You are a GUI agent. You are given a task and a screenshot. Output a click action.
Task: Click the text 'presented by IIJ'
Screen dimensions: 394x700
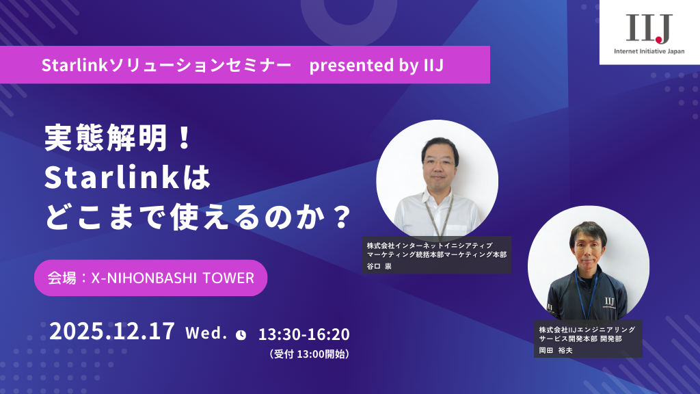tap(377, 65)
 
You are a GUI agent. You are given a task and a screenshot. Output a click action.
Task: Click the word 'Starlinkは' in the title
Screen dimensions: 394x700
tap(126, 179)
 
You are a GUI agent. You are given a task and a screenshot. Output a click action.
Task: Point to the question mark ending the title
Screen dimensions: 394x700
tap(338, 218)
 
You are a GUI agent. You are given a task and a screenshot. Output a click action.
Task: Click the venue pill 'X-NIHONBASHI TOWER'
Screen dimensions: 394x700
tap(150, 278)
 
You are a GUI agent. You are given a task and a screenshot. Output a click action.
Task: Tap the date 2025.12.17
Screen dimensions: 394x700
tap(112, 332)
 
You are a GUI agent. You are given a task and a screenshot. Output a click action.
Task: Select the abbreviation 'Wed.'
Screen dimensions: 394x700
tap(206, 333)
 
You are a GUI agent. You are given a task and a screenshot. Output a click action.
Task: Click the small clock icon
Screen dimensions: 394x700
tap(241, 334)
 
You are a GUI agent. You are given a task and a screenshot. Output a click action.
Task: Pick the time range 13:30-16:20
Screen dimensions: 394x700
tap(304, 334)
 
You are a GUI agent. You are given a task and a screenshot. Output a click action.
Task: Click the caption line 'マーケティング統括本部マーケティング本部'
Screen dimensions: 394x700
tap(437, 254)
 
